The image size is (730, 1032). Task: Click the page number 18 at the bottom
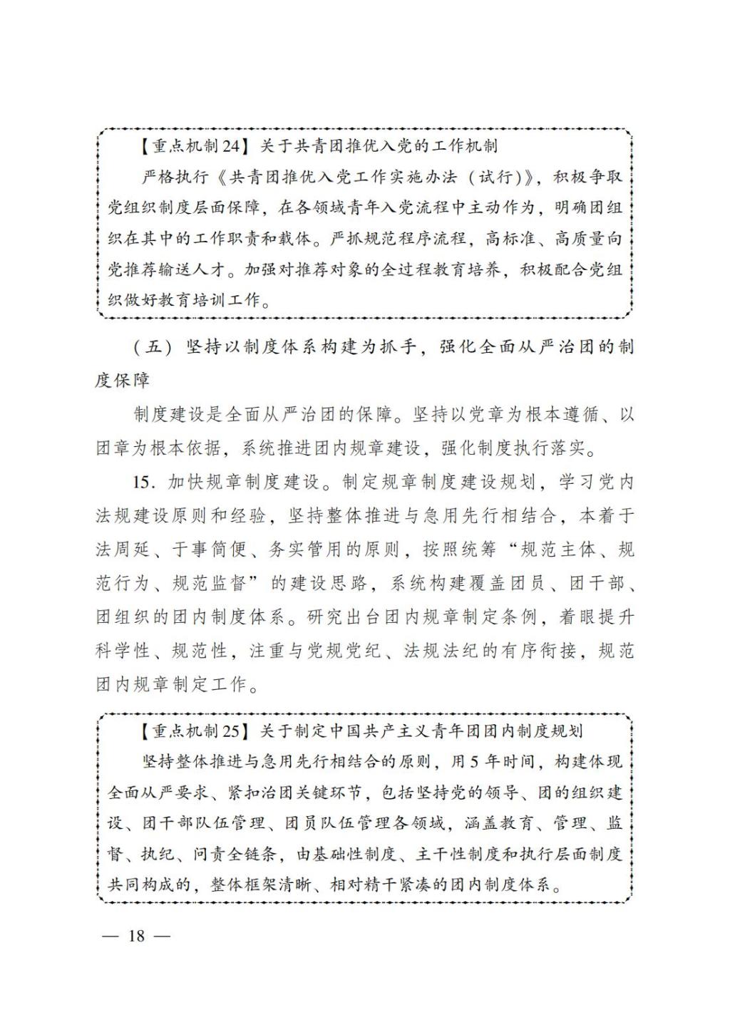[135, 936]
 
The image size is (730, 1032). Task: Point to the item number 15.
[143, 483]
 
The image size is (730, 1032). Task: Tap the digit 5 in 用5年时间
[475, 762]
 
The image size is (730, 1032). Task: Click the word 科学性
[123, 651]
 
